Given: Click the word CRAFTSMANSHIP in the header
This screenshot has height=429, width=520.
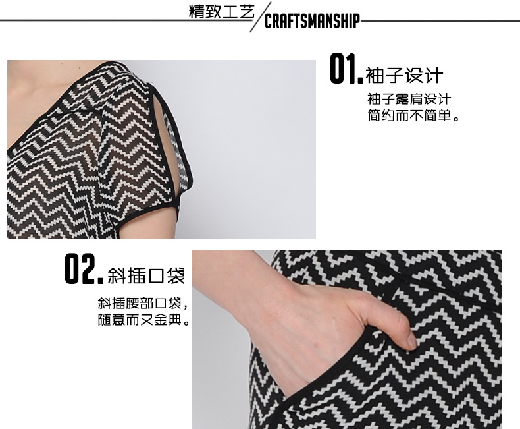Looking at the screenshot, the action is click(x=312, y=21).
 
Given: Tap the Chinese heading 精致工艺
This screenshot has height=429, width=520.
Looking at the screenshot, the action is click(x=221, y=12).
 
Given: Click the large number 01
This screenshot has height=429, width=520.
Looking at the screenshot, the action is click(x=346, y=69).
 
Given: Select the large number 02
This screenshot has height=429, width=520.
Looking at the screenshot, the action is click(x=84, y=269).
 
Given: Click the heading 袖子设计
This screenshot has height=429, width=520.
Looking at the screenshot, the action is click(x=404, y=75).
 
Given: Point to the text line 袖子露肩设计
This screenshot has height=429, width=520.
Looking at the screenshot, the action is click(x=409, y=99).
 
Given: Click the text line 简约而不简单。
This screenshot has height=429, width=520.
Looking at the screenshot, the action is click(x=413, y=115).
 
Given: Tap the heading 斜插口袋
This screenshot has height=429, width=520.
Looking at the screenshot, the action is click(x=146, y=275).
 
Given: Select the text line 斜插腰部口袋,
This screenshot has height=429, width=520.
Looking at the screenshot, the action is click(x=143, y=303).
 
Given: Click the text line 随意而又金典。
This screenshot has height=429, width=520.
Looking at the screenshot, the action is click(x=143, y=320).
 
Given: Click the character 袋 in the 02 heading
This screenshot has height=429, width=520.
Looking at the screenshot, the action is click(x=176, y=275).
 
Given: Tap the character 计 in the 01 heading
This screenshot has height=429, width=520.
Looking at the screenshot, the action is click(x=434, y=75).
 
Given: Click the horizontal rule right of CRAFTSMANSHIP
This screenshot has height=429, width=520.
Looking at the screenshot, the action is click(x=440, y=21).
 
